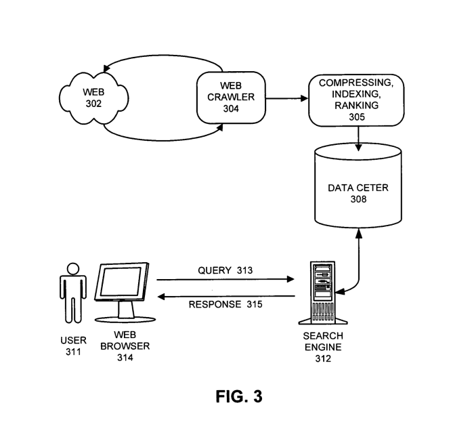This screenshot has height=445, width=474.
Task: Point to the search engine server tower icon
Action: tap(322, 292)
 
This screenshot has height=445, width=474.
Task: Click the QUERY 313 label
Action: tap(225, 270)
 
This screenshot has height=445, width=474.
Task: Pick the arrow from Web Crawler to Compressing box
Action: tap(286, 98)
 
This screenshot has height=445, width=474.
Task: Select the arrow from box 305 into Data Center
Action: tap(358, 137)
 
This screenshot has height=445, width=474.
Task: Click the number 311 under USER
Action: tap(74, 352)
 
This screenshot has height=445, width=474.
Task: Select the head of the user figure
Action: tap(72, 268)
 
